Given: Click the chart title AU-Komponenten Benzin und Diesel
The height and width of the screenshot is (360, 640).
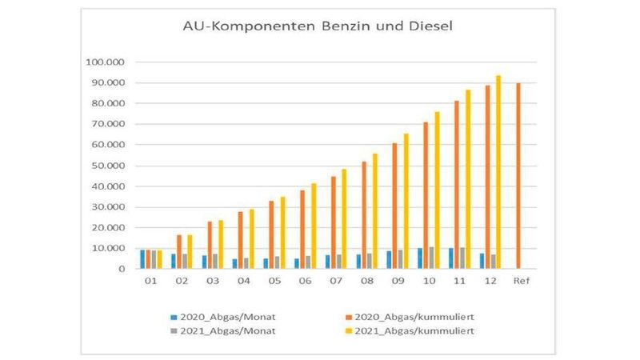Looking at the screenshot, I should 318,27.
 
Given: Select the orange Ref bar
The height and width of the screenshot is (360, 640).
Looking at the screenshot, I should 518,176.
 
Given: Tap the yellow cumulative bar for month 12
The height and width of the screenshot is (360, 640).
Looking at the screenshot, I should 498,172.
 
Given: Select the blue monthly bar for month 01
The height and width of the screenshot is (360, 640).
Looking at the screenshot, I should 142,259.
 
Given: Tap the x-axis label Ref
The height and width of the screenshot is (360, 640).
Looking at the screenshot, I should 521,282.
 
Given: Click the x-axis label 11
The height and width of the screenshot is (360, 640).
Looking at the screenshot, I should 458,282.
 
